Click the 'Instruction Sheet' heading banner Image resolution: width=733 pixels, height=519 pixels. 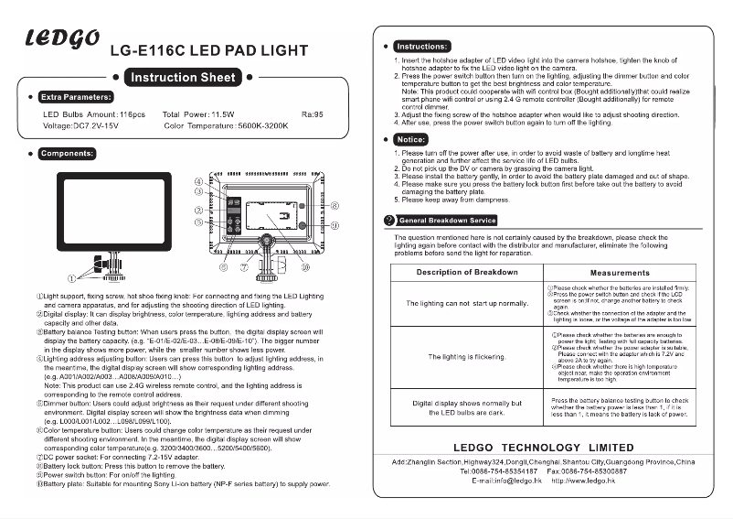click(183, 78)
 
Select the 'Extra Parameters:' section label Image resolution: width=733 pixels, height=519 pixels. click(77, 96)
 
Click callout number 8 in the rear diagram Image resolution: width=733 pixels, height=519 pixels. click(335, 206)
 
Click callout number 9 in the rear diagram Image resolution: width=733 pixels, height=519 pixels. click(335, 224)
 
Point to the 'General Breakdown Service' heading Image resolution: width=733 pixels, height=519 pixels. click(448, 221)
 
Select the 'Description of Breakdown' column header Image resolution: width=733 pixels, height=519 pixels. click(467, 273)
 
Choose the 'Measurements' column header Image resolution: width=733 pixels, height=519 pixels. click(620, 273)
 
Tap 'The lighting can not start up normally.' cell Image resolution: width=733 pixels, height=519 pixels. click(467, 303)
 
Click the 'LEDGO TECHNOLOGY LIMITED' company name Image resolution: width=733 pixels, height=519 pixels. click(543, 448)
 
